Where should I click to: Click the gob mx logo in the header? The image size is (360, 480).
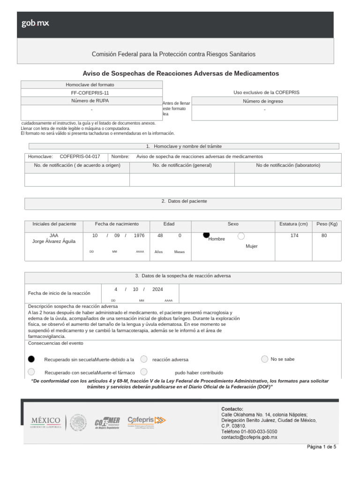point(35,23)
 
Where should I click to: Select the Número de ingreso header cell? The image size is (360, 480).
point(264,101)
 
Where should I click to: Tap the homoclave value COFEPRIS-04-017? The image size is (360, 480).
point(80,157)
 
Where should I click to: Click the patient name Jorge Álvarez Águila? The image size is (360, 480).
point(54,241)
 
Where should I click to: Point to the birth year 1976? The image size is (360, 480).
point(139,236)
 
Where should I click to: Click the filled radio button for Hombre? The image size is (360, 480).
point(206,235)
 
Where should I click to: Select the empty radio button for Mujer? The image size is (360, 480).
point(241,236)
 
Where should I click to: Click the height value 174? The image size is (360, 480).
point(294,236)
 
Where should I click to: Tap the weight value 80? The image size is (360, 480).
point(324,236)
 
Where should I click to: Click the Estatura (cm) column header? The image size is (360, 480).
point(293,224)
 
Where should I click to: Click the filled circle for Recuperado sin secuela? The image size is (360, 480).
point(31,359)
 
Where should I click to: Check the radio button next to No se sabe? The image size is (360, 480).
point(265,359)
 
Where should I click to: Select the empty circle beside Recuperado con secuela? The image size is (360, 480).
point(31,372)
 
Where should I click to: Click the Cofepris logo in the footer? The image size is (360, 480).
point(147,420)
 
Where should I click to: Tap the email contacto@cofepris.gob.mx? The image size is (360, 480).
point(249,437)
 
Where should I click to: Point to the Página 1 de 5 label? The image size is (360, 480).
point(322,447)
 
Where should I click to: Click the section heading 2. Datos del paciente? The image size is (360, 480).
point(184,201)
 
